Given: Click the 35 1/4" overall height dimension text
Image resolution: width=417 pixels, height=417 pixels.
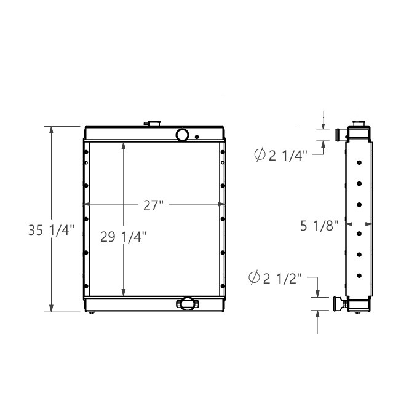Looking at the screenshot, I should pyautogui.click(x=51, y=231).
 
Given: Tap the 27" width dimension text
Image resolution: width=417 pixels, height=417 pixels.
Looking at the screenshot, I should pyautogui.click(x=154, y=205).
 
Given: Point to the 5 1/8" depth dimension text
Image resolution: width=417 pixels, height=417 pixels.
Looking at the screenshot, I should pyautogui.click(x=319, y=226).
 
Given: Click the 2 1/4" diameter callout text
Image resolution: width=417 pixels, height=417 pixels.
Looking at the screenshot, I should pyautogui.click(x=287, y=156).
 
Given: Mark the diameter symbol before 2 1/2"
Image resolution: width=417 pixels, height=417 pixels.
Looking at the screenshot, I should pyautogui.click(x=254, y=279).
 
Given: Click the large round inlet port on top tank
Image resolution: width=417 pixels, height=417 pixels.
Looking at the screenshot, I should pyautogui.click(x=183, y=134).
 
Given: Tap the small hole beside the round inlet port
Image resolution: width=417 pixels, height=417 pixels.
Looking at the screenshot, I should pyautogui.click(x=197, y=137).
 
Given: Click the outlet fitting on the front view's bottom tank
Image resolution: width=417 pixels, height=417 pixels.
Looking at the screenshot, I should pyautogui.click(x=187, y=303).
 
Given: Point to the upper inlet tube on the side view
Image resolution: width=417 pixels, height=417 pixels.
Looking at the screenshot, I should pyautogui.click(x=340, y=134).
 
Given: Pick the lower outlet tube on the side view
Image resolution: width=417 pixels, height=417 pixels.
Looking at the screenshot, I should pyautogui.click(x=340, y=303).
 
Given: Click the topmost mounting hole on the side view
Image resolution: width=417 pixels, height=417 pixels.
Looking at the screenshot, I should pyautogui.click(x=359, y=163).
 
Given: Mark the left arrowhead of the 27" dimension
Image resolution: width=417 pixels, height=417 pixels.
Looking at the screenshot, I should pyautogui.click(x=87, y=204).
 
